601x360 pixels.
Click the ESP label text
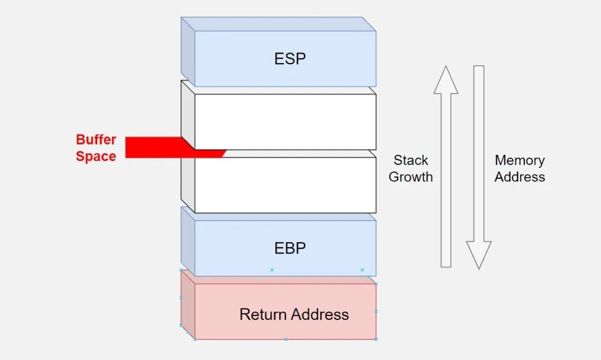(x=290, y=59)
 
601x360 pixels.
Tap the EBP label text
(x=290, y=248)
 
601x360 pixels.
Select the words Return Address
(x=294, y=314)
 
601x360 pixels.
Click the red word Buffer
(x=96, y=140)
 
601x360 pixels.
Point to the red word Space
(x=96, y=156)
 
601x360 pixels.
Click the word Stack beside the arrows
(x=411, y=160)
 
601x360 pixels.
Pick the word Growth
(x=411, y=177)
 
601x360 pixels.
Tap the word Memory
(x=520, y=160)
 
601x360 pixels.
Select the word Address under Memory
(x=520, y=177)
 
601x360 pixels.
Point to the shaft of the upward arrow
(x=446, y=180)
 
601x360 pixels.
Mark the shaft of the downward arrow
(x=479, y=154)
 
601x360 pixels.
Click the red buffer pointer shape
(x=154, y=148)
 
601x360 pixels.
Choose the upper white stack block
(x=285, y=121)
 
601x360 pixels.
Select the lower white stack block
(x=285, y=185)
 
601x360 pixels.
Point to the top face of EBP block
(x=278, y=213)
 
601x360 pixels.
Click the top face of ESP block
(x=278, y=24)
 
